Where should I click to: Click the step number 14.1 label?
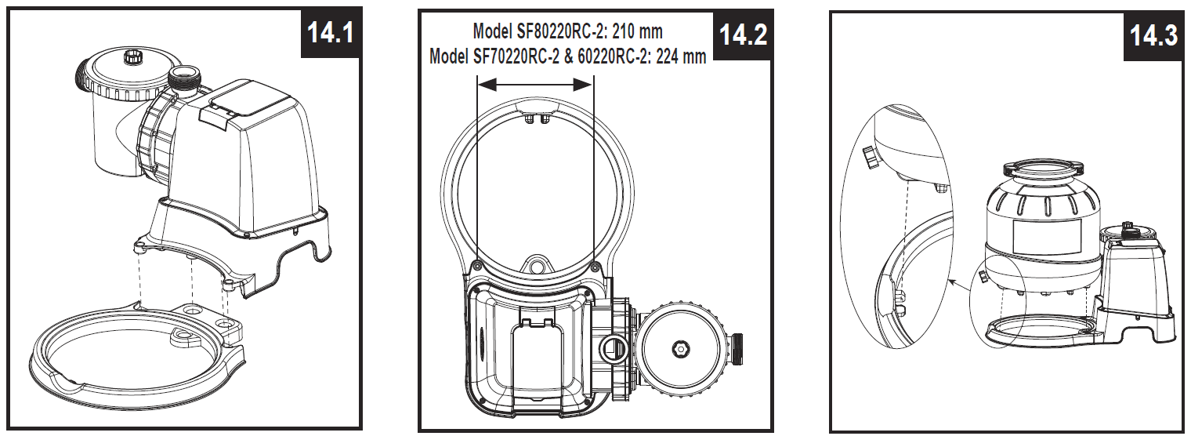point(330,33)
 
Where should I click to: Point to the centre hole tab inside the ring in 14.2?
point(537,265)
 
